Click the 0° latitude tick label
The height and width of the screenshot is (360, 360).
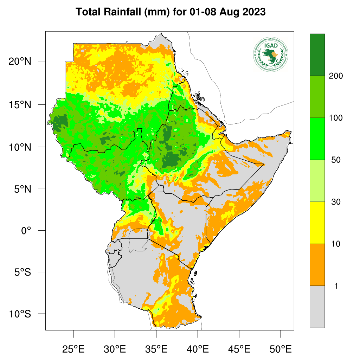(26, 231)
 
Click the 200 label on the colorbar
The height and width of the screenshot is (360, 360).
(336, 76)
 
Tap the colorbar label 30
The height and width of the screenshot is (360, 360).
(336, 202)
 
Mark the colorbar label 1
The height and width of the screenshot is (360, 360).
(336, 286)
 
